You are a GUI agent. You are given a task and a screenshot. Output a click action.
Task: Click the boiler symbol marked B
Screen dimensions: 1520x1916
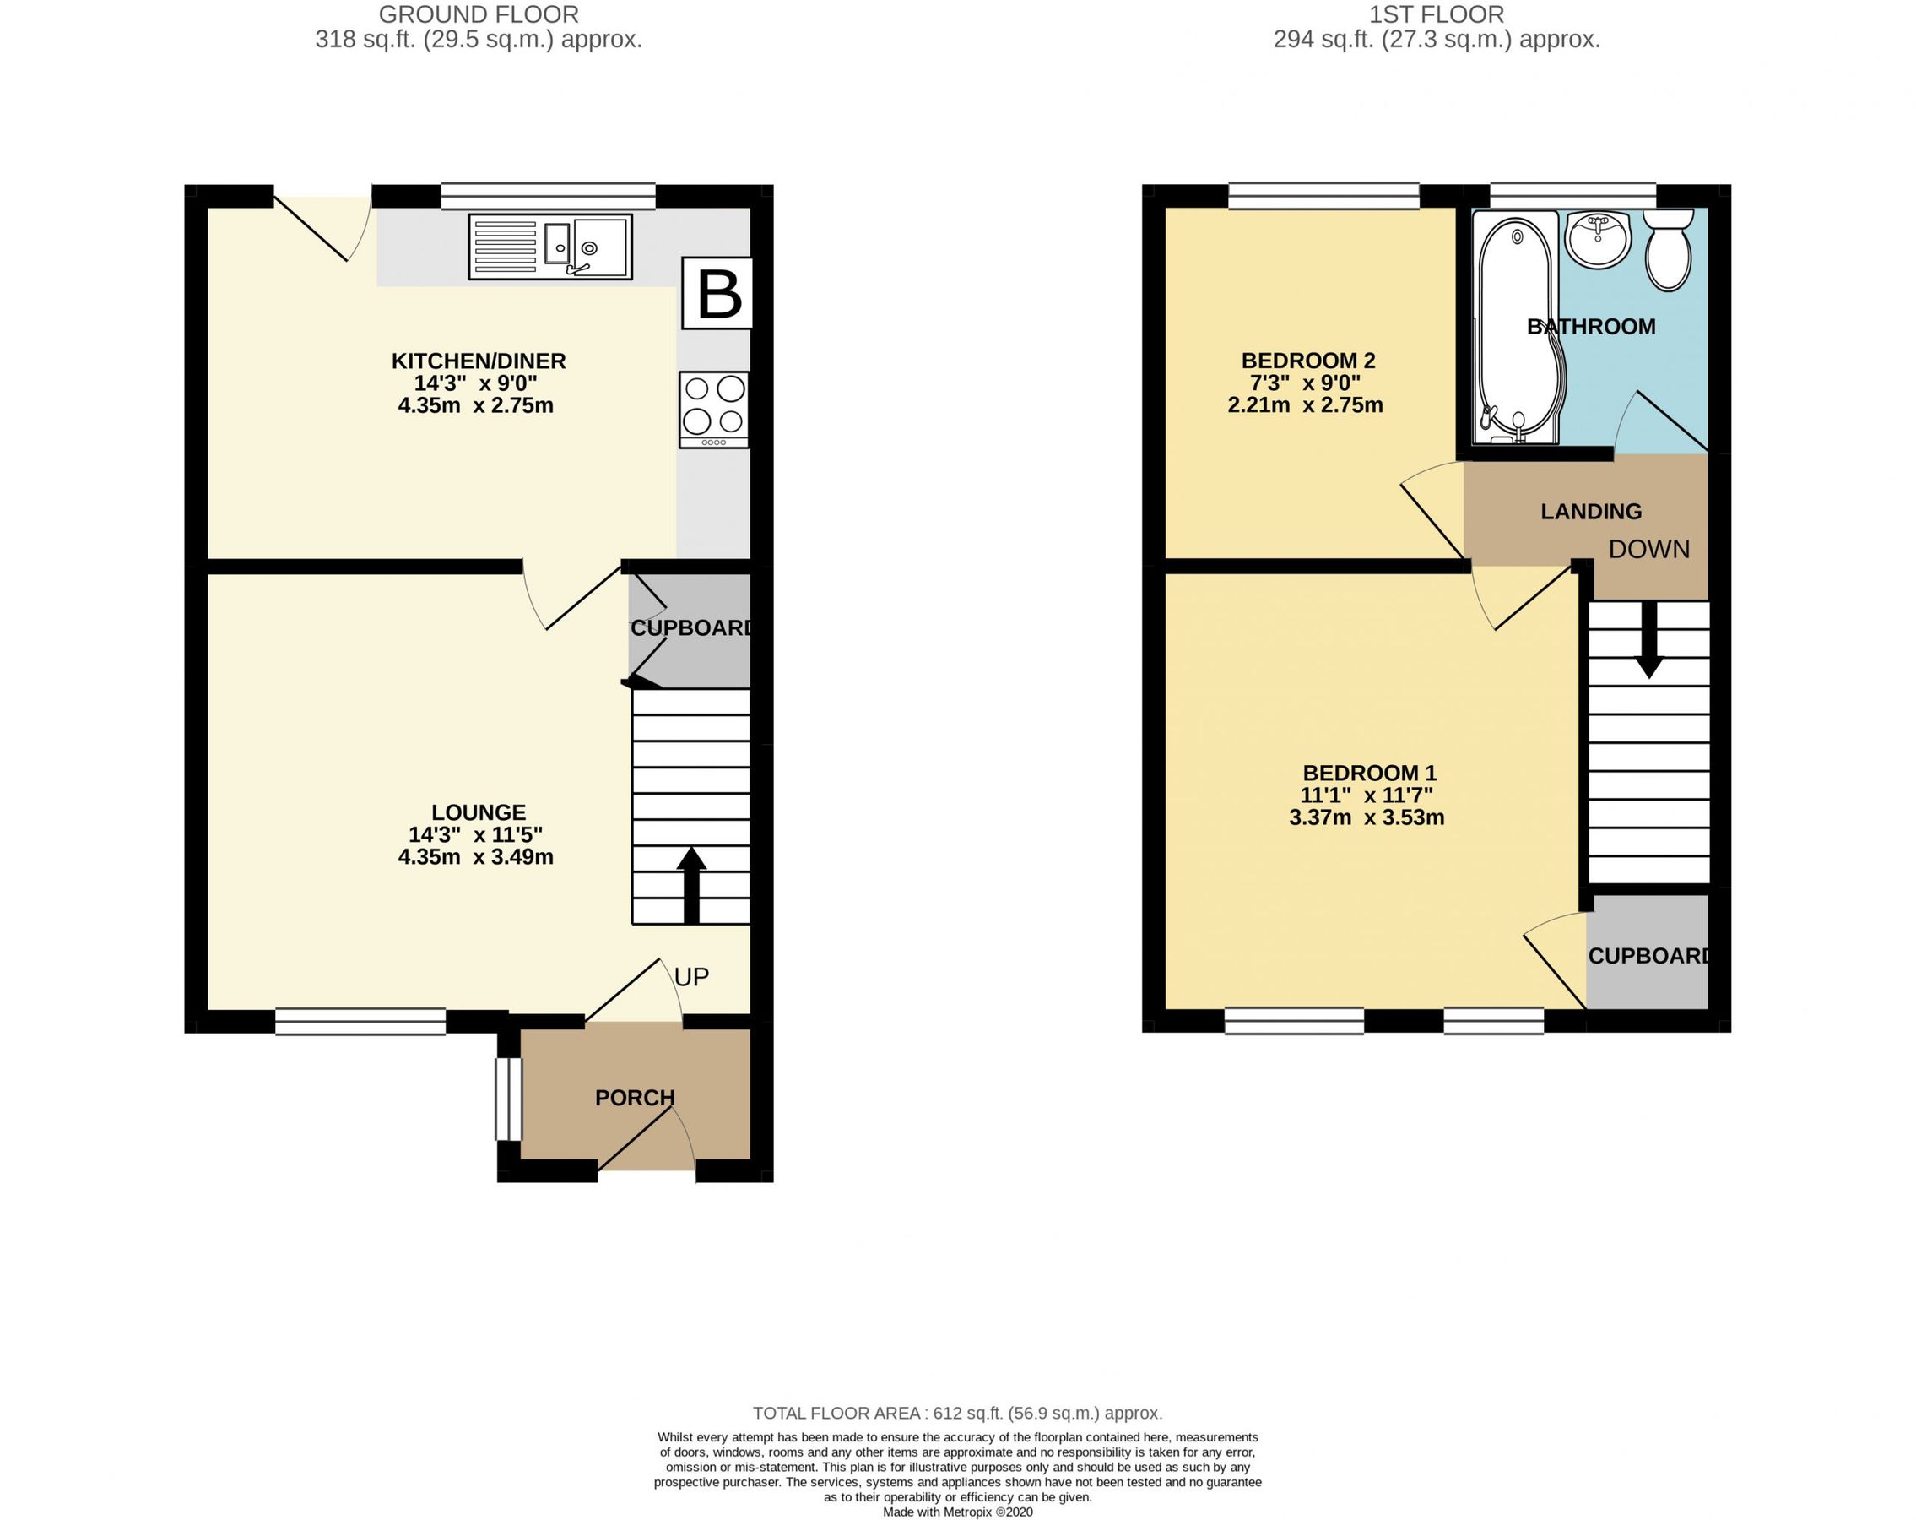click(717, 293)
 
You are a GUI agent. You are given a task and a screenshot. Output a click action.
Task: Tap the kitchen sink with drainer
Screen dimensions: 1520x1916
click(550, 247)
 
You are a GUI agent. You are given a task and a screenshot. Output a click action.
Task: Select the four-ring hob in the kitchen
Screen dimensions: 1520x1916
click(713, 409)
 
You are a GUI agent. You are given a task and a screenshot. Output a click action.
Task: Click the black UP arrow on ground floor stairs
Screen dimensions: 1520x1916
click(691, 884)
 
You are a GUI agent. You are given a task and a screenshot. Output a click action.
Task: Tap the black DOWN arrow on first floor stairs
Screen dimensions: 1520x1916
click(1649, 641)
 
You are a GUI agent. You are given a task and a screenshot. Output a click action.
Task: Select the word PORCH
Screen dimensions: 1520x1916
click(635, 1098)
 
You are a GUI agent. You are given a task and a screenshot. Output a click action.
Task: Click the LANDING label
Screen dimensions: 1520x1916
click(1591, 511)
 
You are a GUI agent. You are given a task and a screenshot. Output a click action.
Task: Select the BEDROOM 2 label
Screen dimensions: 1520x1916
click(1307, 360)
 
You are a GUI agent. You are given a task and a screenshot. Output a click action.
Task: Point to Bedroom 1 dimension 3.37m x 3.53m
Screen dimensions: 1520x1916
click(1366, 817)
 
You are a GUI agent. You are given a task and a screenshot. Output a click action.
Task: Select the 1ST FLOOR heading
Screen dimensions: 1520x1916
click(1436, 15)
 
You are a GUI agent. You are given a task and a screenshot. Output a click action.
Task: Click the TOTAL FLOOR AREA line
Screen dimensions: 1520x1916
click(957, 1413)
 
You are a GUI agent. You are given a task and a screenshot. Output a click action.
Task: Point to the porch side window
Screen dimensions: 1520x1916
click(507, 1098)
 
